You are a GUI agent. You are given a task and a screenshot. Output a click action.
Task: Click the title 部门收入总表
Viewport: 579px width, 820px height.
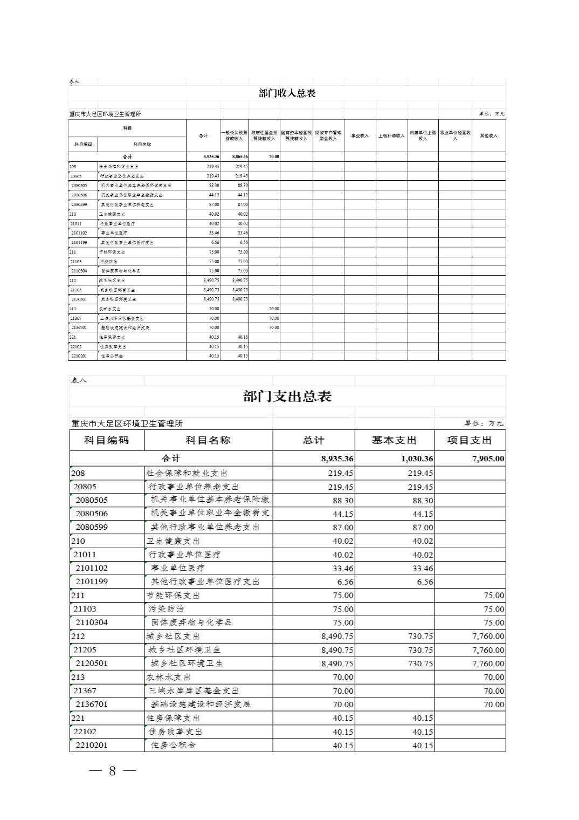[x=287, y=93]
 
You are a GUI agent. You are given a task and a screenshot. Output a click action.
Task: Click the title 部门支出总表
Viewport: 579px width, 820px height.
[x=287, y=397]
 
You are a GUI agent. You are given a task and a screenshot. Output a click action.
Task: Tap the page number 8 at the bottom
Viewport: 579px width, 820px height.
[x=112, y=770]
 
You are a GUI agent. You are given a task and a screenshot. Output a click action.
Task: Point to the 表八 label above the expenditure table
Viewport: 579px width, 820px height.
[x=79, y=380]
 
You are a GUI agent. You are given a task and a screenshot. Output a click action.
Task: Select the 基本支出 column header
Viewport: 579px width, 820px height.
[x=394, y=440]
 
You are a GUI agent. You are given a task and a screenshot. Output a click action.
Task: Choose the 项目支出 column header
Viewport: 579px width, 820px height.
[x=470, y=440]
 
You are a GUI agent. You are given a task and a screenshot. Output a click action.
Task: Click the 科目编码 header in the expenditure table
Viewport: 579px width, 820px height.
[x=107, y=440]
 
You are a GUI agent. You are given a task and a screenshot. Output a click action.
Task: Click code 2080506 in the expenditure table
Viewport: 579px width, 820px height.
[x=92, y=514]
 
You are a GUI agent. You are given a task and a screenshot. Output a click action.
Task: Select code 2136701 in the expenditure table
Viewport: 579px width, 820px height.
[x=92, y=704]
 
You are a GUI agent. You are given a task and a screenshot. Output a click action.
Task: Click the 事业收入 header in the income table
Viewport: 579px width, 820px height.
[x=360, y=136]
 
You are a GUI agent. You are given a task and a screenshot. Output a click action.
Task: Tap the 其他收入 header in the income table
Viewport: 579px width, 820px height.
[x=488, y=136]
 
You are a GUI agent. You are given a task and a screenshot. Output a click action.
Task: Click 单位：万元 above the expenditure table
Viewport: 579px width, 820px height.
[x=484, y=423]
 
